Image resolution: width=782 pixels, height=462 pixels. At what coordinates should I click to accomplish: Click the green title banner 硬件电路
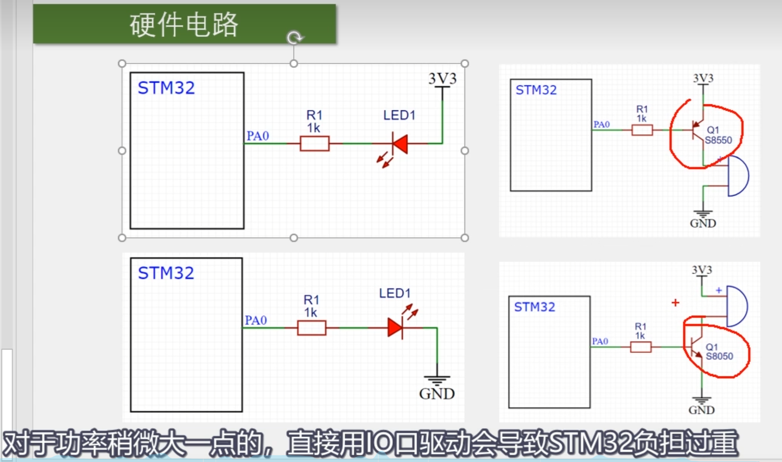(184, 24)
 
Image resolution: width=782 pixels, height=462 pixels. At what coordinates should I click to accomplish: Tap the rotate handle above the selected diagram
(294, 38)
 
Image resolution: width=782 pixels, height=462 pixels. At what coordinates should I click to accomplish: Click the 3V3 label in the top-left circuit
(442, 78)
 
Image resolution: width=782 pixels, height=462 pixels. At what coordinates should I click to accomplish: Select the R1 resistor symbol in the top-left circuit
(314, 143)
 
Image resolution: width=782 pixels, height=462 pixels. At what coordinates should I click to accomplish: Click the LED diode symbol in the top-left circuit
(400, 143)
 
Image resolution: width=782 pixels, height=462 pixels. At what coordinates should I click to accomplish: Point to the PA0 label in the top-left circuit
(258, 136)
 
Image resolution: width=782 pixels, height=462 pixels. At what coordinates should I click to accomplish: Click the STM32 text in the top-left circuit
(166, 88)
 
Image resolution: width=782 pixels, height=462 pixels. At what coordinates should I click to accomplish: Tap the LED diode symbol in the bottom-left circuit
(395, 327)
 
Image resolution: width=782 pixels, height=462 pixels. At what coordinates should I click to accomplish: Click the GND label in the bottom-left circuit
(437, 393)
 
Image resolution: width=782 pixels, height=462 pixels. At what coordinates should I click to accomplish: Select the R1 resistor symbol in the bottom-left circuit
(311, 328)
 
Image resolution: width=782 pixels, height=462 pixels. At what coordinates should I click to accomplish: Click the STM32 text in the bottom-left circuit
(166, 273)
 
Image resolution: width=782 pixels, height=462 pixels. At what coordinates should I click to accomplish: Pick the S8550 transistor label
(718, 140)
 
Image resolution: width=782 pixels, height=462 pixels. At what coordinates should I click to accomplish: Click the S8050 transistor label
(719, 356)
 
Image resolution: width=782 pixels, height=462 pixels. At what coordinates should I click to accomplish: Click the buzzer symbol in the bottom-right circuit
(737, 306)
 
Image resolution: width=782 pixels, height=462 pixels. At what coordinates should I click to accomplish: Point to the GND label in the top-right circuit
(703, 224)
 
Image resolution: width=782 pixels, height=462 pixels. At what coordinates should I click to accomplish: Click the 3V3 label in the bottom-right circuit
(702, 270)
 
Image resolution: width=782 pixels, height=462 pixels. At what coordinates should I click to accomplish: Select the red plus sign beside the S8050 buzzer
(675, 302)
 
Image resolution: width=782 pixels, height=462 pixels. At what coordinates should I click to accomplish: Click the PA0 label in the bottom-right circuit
(600, 342)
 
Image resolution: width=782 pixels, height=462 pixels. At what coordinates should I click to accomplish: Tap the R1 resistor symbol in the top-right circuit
(642, 130)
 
